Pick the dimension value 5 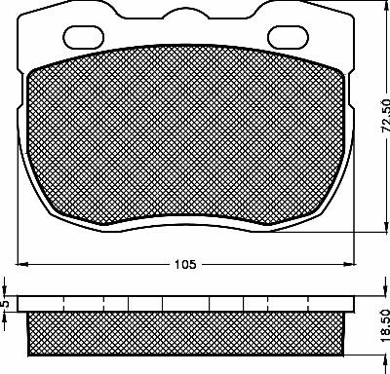(x=8, y=304)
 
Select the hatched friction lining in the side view (x=185, y=333)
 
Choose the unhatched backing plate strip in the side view (x=185, y=304)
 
